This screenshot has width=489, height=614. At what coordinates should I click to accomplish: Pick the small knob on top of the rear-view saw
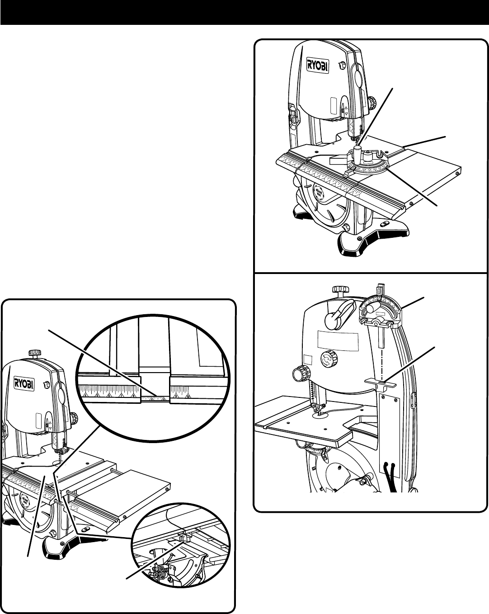[339, 289]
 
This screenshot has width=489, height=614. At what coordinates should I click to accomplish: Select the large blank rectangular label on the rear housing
[338, 340]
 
